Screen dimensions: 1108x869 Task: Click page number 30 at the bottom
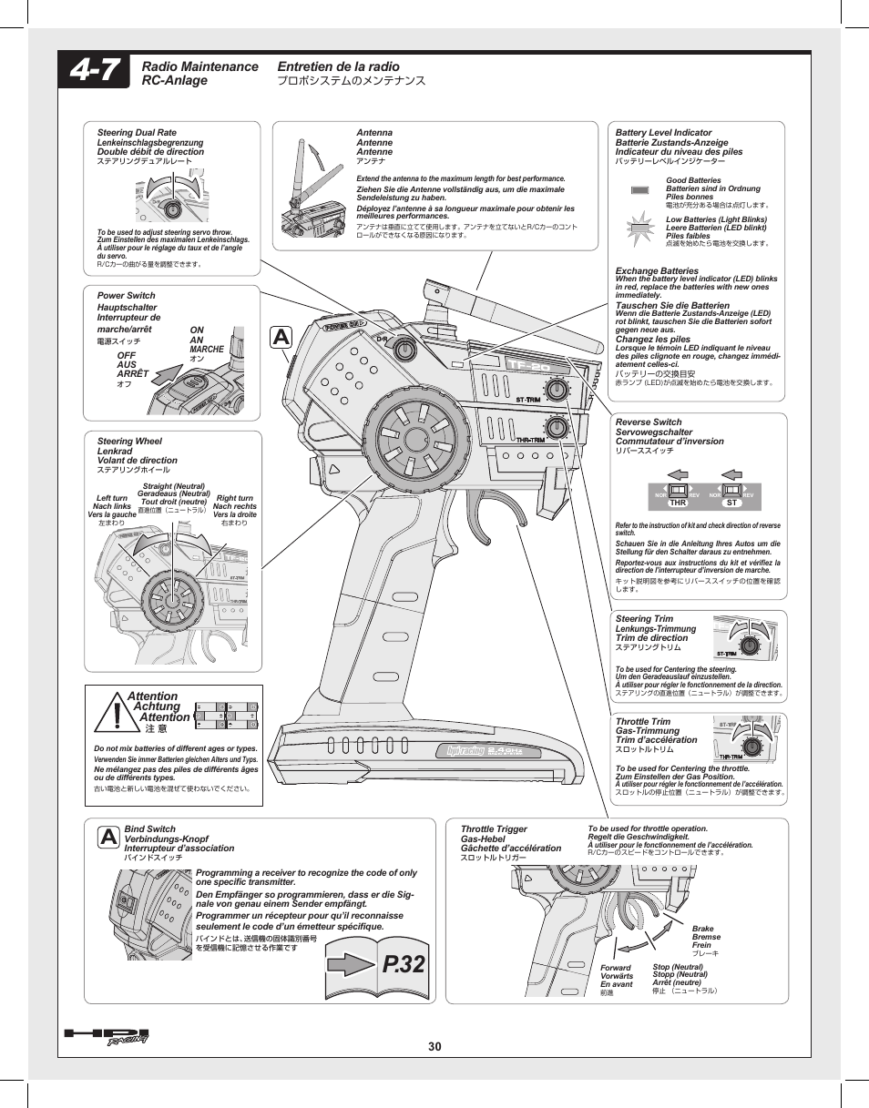[434, 1047]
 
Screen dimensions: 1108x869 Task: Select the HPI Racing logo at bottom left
[107, 1037]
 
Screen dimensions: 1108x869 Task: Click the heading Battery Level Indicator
[663, 133]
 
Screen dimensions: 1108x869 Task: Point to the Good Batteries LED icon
[640, 189]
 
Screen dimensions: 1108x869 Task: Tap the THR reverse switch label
[677, 503]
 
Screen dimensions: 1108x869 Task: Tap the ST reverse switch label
[731, 503]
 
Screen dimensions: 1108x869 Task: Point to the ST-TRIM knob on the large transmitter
[557, 388]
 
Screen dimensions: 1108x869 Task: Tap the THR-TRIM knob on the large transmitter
[557, 427]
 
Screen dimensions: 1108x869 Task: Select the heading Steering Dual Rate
[137, 133]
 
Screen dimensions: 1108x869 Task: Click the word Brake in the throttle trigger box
[702, 929]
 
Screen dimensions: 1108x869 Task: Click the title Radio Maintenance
[200, 66]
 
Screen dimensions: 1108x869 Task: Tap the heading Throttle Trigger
[494, 829]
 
